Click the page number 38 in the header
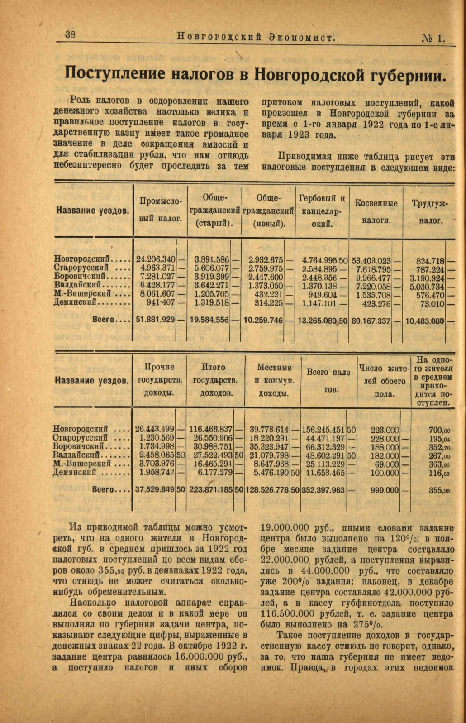point(70,34)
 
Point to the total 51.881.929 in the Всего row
point(156,320)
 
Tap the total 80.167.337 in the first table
point(371,321)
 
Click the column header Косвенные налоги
point(376,211)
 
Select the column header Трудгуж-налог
point(429,211)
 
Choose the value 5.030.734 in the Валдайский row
point(427,286)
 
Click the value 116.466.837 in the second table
point(211,429)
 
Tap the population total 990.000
point(385,489)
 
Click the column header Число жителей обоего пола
point(384,381)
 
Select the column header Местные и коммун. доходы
point(274,380)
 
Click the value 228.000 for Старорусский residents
point(385,438)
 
